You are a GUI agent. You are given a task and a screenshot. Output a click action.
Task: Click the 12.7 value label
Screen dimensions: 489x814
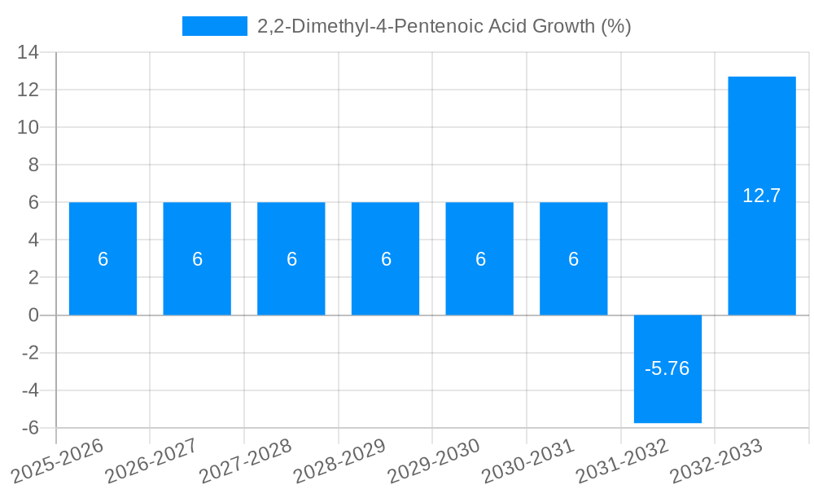(x=762, y=196)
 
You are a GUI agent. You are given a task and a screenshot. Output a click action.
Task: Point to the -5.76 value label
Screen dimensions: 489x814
(x=667, y=368)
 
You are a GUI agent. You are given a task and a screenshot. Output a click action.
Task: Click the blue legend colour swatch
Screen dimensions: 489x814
(x=215, y=26)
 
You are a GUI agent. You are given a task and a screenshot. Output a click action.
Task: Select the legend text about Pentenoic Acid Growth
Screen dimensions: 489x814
(x=444, y=26)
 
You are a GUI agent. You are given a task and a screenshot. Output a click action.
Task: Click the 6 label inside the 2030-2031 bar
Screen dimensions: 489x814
(x=574, y=259)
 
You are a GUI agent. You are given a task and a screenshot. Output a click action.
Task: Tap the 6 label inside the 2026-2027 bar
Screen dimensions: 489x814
(x=197, y=259)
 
